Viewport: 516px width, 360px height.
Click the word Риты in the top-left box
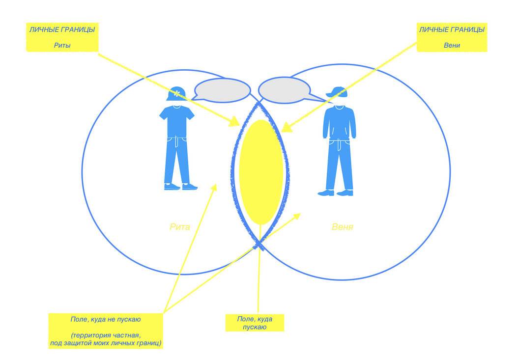coord(61,46)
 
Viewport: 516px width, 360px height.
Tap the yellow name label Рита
coord(179,227)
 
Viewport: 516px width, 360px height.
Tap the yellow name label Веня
coord(343,227)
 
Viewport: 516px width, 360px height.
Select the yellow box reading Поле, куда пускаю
coord(255,323)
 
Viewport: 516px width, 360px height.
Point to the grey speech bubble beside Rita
coord(223,90)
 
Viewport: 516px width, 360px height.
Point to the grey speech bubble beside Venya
coord(285,90)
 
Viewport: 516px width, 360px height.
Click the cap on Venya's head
coord(337,92)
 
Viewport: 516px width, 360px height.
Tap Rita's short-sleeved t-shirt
coord(177,121)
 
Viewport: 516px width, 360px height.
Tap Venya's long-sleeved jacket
coord(339,123)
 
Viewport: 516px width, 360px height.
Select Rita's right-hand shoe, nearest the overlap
coord(189,187)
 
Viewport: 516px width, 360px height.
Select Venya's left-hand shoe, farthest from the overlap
coord(326,193)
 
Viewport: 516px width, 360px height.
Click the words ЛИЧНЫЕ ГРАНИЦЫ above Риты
coord(61,30)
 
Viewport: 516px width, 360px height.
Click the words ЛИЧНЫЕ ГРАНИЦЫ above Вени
coord(451,30)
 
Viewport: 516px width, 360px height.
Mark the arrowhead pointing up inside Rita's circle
coord(214,187)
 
